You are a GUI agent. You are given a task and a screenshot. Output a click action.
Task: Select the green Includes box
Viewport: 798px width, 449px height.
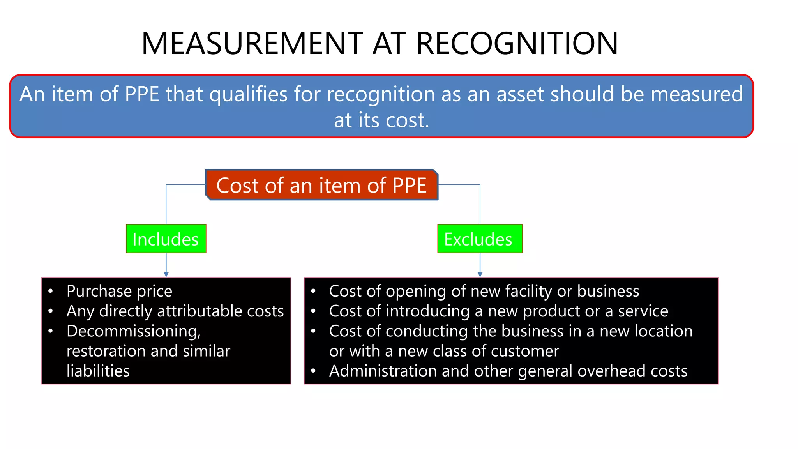point(166,239)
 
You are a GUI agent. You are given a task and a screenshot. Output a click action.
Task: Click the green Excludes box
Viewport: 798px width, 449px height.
point(480,239)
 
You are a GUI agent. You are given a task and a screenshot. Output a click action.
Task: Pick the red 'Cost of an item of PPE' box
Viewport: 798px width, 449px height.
point(322,185)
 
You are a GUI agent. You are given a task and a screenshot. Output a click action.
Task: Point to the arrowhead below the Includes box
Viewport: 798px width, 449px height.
point(166,274)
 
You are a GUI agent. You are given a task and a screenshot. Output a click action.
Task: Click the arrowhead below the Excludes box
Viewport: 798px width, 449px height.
point(480,274)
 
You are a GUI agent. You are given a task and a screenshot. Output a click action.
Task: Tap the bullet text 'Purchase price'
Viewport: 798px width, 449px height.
point(119,291)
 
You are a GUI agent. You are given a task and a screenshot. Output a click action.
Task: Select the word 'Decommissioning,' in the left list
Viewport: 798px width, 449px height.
point(133,331)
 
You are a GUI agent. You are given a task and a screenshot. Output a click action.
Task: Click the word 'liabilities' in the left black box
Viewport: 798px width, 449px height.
point(98,371)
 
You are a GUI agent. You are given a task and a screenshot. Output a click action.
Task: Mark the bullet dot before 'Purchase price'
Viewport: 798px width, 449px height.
point(51,291)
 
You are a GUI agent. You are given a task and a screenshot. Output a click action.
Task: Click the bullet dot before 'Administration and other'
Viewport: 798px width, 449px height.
point(313,371)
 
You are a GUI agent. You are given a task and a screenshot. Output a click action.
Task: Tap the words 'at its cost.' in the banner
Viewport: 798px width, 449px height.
point(381,120)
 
